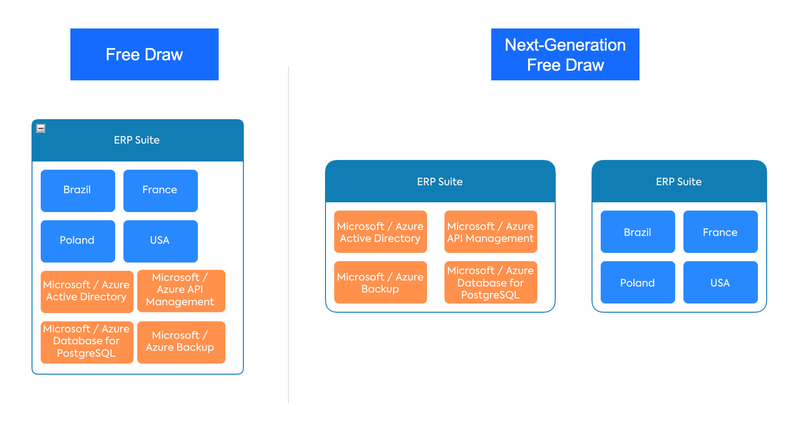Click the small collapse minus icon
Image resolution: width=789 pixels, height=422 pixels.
point(41,129)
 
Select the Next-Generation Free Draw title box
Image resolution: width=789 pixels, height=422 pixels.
point(565,54)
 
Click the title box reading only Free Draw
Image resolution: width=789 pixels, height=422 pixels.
point(144,54)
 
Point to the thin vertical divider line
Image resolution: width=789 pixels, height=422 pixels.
point(288,234)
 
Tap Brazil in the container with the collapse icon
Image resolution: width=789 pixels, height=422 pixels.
point(78,190)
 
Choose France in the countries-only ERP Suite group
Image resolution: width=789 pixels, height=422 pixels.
point(720,232)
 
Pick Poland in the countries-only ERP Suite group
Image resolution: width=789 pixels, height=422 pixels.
point(638,283)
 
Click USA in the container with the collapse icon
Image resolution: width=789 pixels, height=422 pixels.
point(160,241)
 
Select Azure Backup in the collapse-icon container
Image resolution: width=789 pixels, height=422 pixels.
point(181,342)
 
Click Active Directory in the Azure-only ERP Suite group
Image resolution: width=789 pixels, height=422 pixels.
point(380,232)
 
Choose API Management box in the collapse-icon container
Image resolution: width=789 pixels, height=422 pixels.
point(181,291)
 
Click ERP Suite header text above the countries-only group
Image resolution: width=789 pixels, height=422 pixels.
point(679,182)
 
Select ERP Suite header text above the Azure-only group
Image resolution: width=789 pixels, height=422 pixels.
point(440,182)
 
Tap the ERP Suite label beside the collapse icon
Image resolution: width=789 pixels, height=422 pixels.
point(137,140)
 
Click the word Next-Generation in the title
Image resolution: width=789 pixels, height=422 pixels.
point(565,45)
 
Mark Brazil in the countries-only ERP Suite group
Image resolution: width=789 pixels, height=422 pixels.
point(638,232)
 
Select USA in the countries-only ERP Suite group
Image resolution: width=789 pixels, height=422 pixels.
point(720,283)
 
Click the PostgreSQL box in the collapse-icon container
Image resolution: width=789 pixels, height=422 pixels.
point(87,342)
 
